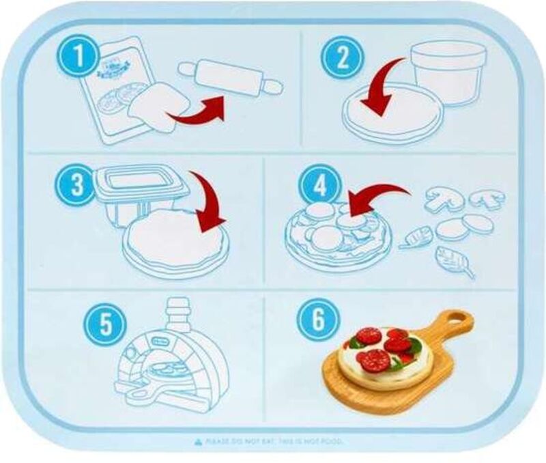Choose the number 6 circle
[x=314, y=321]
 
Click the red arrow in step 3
[x=208, y=203]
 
